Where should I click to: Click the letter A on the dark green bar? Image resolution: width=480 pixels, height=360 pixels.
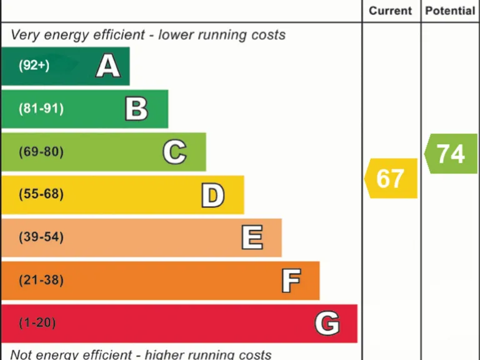click(107, 66)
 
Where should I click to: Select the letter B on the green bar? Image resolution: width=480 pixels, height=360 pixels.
click(136, 109)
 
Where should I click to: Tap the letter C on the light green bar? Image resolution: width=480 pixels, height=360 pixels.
click(174, 152)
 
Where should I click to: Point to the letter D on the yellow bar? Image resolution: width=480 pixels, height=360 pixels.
click(212, 195)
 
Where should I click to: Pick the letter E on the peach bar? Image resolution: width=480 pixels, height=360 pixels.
click(252, 237)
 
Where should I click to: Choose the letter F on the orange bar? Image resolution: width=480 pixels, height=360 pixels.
click(291, 281)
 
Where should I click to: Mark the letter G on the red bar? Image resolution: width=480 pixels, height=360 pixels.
click(327, 324)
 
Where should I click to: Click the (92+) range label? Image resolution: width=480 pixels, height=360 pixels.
click(34, 65)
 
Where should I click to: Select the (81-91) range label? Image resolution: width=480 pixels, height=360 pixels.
click(41, 109)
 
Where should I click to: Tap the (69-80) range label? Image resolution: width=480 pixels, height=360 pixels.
click(41, 152)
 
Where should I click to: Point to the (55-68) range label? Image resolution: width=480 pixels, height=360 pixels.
click(41, 194)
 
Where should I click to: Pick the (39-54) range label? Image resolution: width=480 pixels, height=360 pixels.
click(41, 237)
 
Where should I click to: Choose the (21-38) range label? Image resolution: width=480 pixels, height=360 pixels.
click(41, 281)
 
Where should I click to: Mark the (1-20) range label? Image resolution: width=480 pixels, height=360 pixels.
click(37, 323)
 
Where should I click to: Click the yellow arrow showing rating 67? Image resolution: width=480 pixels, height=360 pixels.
click(391, 179)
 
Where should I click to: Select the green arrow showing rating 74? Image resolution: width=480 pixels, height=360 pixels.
click(451, 154)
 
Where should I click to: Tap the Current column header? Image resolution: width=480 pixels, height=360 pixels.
click(391, 11)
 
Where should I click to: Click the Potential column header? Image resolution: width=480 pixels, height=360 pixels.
click(450, 11)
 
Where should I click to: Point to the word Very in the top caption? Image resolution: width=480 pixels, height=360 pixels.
click(26, 35)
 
